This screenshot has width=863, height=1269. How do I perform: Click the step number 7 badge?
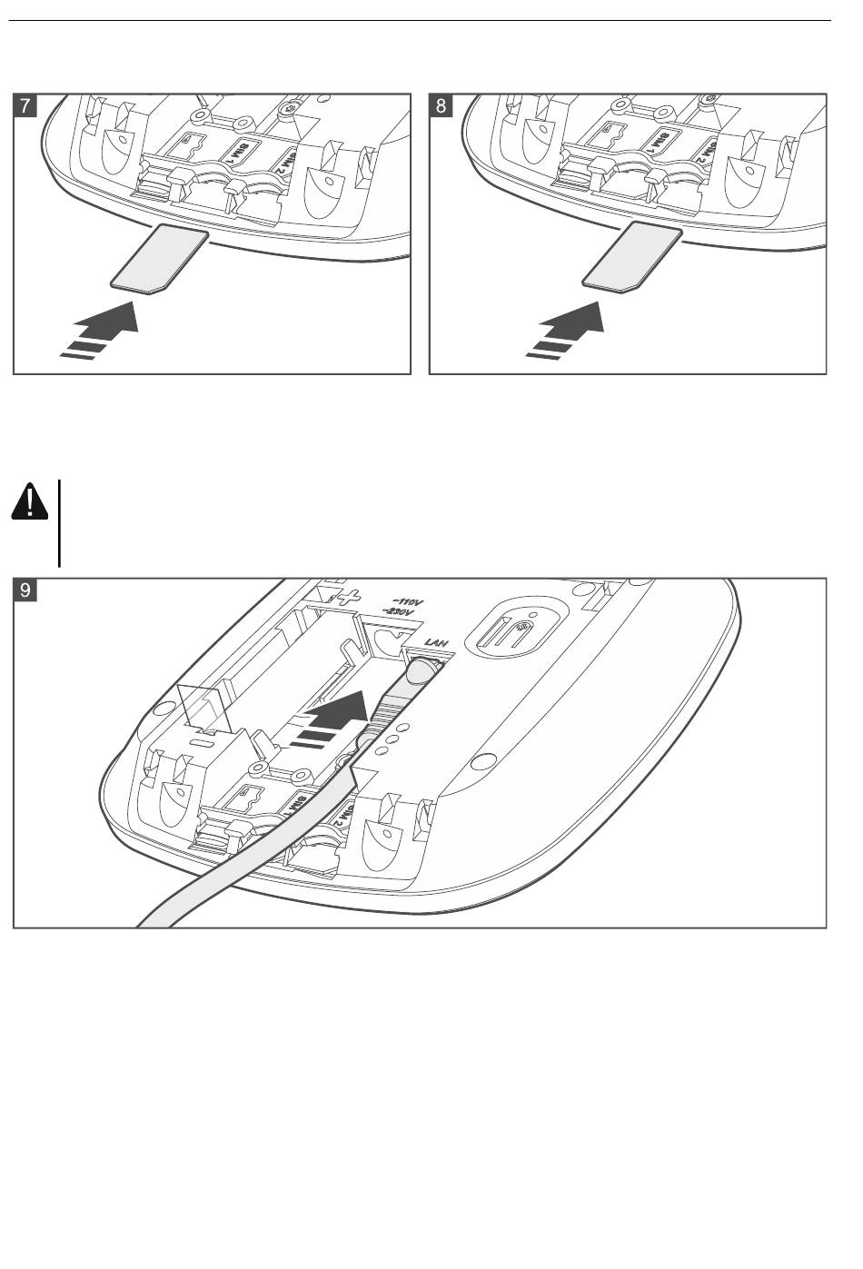[x=25, y=105]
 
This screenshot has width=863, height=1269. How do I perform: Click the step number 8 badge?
[x=441, y=105]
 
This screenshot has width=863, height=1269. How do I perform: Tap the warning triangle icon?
[x=31, y=501]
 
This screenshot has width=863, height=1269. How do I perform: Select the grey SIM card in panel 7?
[x=160, y=259]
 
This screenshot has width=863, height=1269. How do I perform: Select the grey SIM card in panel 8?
[x=631, y=258]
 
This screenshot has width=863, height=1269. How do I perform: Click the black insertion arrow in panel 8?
[x=570, y=329]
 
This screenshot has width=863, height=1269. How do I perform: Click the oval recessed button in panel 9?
[x=514, y=629]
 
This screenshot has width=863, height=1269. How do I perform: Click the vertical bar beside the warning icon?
[x=59, y=522]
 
